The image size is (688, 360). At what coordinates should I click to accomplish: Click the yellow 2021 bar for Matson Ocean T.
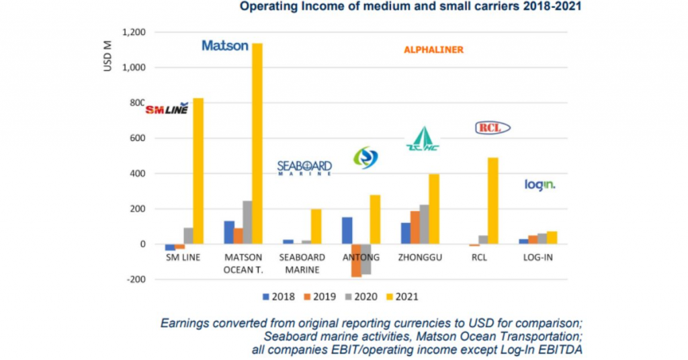pos(257,144)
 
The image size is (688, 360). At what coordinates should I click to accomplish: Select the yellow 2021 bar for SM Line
pos(198,171)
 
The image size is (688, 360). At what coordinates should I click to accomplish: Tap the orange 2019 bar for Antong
pos(356,261)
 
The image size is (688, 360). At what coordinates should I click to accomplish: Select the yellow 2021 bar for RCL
pos(493,201)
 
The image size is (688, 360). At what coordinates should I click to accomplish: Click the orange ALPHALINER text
pos(433,50)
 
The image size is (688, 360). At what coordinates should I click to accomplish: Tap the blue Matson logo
pos(225,46)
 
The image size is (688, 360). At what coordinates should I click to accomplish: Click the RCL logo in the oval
pos(492,128)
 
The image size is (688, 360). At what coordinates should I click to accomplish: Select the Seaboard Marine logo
pos(304,167)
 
